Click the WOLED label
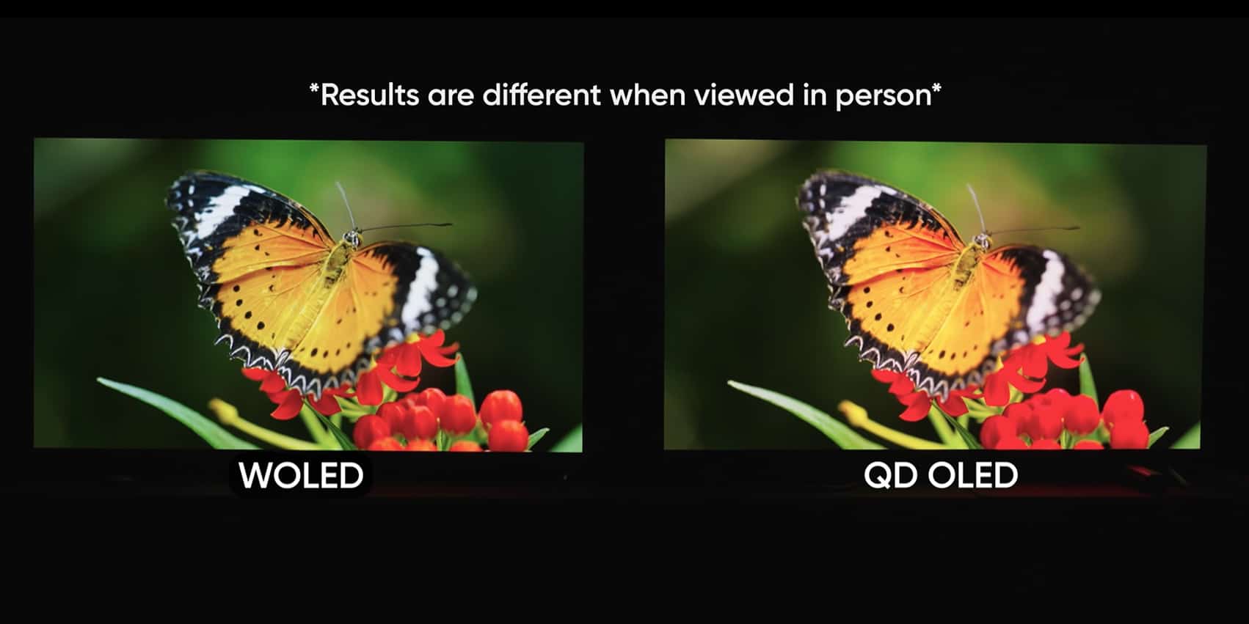coord(301,475)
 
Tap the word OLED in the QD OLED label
coord(973,475)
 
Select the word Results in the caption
coord(369,95)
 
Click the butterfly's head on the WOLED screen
coord(352,239)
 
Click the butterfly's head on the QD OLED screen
coord(982,241)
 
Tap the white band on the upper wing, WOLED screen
coord(223,210)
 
